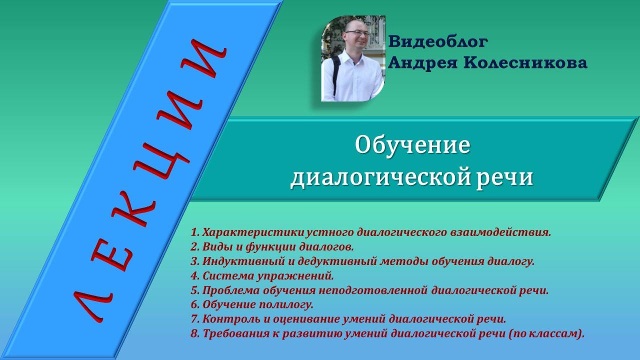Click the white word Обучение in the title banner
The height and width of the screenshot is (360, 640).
pyautogui.click(x=412, y=145)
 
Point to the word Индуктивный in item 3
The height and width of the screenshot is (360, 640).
pyautogui.click(x=238, y=261)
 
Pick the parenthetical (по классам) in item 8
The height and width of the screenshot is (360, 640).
pyautogui.click(x=545, y=333)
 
